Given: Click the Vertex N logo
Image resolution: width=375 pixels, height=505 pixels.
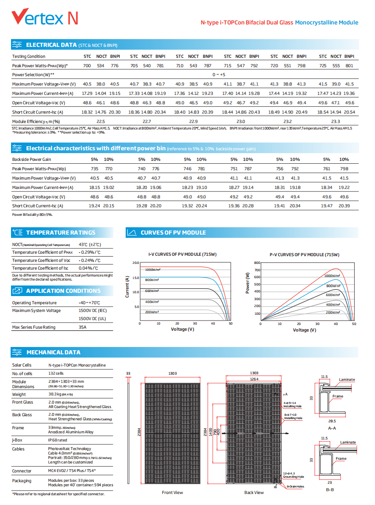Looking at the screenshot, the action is pyautogui.click(x=45, y=16).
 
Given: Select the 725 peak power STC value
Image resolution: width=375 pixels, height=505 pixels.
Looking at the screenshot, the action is pyautogui.click(x=322, y=66).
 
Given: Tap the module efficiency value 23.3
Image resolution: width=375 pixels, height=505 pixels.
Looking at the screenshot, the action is pyautogui.click(x=335, y=122).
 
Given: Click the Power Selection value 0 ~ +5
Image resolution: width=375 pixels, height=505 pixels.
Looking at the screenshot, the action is pyautogui.click(x=219, y=75).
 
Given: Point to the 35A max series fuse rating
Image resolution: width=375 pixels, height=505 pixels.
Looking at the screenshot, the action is pyautogui.click(x=82, y=327).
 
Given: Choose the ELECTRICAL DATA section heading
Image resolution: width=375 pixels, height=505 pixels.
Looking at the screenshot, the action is pyautogui.click(x=51, y=45).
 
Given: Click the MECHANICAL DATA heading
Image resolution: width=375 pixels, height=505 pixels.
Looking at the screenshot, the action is pyautogui.click(x=53, y=352).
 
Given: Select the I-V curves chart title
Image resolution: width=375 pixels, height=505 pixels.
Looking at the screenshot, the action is pyautogui.click(x=182, y=254).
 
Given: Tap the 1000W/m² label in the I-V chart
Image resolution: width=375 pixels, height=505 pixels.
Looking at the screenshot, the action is pyautogui.click(x=153, y=270).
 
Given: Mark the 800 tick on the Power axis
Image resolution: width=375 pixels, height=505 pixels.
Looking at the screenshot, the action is pyautogui.click(x=257, y=263).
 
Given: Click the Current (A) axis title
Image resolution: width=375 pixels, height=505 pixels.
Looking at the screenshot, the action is pyautogui.click(x=127, y=287).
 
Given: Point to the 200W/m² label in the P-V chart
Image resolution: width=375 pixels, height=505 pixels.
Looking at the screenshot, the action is pyautogui.click(x=333, y=312).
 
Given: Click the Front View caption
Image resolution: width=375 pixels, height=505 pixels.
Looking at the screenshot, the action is pyautogui.click(x=172, y=492).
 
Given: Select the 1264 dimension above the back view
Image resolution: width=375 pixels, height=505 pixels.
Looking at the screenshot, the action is pyautogui.click(x=254, y=379).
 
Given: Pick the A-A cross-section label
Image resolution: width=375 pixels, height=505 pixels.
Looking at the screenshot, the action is pyautogui.click(x=332, y=428).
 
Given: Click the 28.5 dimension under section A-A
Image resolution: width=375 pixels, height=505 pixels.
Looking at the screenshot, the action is pyautogui.click(x=332, y=421).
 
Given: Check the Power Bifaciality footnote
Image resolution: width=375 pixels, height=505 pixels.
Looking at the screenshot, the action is pyautogui.click(x=32, y=215).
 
